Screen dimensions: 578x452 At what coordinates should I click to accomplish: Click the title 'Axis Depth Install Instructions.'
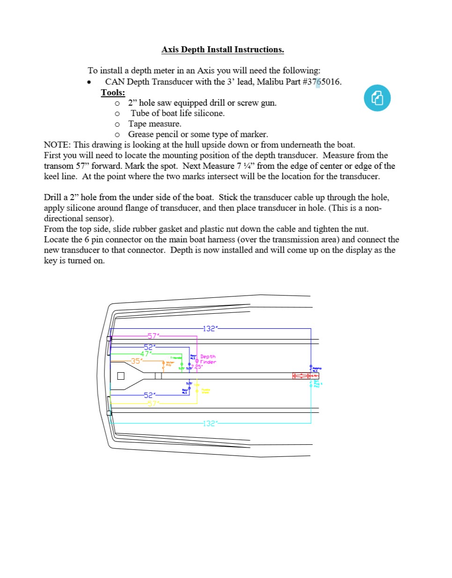[222, 50]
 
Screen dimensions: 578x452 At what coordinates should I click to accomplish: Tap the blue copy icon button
[377, 98]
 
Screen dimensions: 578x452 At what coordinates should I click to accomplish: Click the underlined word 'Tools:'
[113, 92]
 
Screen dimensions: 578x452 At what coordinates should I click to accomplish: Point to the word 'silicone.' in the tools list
[209, 113]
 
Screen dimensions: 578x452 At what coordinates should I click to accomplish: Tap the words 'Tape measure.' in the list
[155, 124]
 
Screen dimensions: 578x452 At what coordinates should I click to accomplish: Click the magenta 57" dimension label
[153, 336]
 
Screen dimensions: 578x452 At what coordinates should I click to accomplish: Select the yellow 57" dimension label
[153, 404]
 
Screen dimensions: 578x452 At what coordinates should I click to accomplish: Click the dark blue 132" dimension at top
[209, 329]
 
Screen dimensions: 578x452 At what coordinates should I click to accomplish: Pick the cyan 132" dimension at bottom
[209, 423]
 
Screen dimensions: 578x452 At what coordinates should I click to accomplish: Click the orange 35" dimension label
[136, 361]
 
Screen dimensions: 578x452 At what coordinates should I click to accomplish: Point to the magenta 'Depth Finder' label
[208, 359]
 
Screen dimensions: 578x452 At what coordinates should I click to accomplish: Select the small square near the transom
[121, 376]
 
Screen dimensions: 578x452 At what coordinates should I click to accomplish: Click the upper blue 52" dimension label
[149, 347]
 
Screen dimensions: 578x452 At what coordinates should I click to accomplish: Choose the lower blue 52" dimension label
[149, 395]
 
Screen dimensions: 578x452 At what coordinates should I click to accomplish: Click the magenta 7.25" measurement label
[197, 367]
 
